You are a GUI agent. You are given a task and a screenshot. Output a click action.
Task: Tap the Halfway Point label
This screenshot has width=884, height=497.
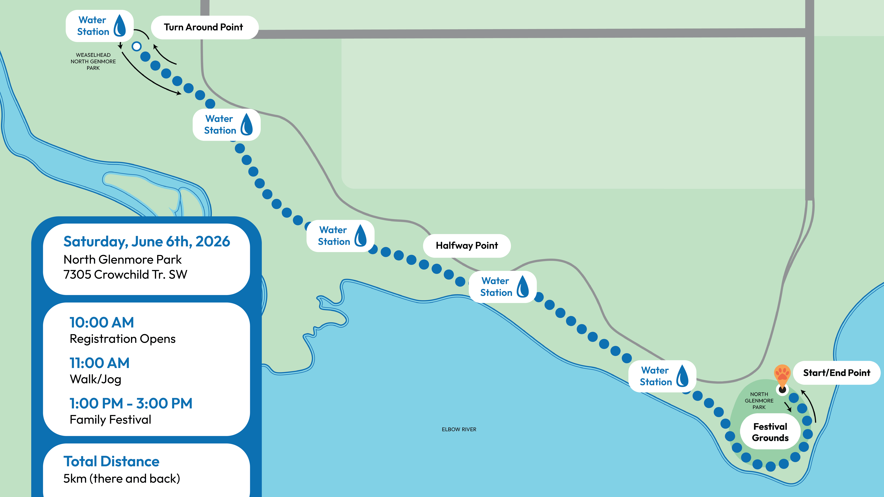467,246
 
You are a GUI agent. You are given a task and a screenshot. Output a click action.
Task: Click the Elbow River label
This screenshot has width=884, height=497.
459,429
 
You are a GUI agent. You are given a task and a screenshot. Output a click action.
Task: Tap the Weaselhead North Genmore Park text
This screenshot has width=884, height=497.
93,61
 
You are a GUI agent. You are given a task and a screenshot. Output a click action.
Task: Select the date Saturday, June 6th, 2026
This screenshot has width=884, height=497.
147,241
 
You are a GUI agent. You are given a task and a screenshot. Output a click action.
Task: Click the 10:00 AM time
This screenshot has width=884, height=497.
102,322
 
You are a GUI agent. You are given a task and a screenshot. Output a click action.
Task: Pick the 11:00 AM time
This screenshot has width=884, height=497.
100,363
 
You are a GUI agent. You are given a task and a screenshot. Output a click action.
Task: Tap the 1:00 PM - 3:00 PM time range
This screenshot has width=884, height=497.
131,403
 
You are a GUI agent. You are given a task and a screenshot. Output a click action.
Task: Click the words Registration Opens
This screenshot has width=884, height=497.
123,339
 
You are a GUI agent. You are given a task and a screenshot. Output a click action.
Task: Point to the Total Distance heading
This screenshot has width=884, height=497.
111,461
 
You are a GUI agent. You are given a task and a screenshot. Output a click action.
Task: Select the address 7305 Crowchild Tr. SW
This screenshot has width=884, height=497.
125,274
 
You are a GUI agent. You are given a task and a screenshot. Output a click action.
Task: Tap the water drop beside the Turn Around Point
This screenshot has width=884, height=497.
119,25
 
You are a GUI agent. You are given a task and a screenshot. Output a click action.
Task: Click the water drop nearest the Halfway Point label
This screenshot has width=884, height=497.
523,287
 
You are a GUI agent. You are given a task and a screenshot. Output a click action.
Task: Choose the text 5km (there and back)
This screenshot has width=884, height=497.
121,478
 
